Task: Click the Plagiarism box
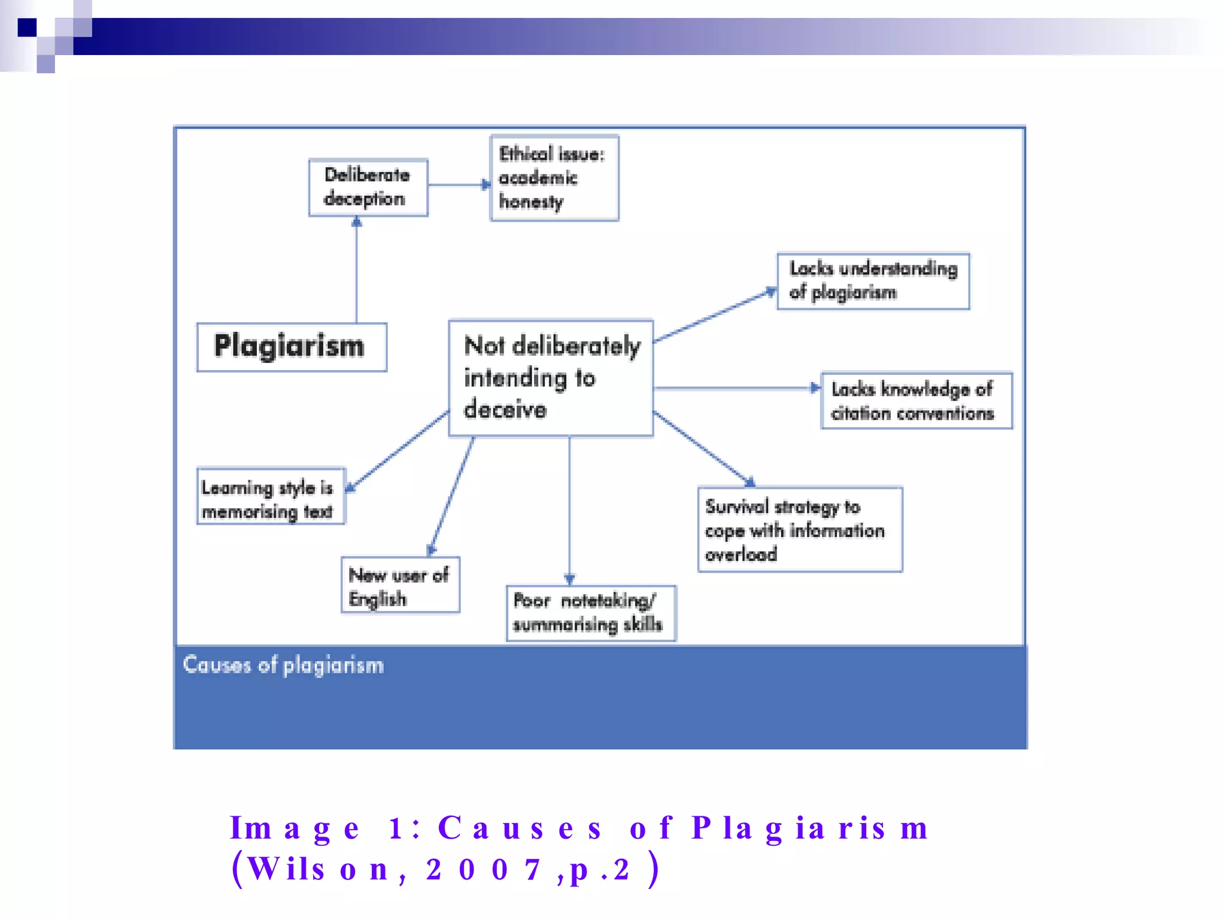point(292,347)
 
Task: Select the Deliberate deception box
point(368,187)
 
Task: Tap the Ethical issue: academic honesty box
point(554,178)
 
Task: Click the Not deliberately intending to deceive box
point(551,378)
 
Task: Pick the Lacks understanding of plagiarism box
point(873,281)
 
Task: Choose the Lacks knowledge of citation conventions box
point(916,401)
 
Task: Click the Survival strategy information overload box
point(800,529)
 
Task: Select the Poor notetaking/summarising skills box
point(591,613)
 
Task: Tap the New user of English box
point(400,585)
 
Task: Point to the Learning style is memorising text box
point(271,497)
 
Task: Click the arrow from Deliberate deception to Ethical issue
point(459,184)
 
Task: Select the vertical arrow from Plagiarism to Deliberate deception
point(357,270)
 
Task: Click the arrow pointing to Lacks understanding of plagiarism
point(715,316)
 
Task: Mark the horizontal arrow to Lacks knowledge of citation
point(736,388)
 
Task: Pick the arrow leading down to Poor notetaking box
point(569,509)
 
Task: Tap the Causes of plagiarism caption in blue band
point(283,665)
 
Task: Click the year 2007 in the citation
point(484,870)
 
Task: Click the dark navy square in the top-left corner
point(27,28)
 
